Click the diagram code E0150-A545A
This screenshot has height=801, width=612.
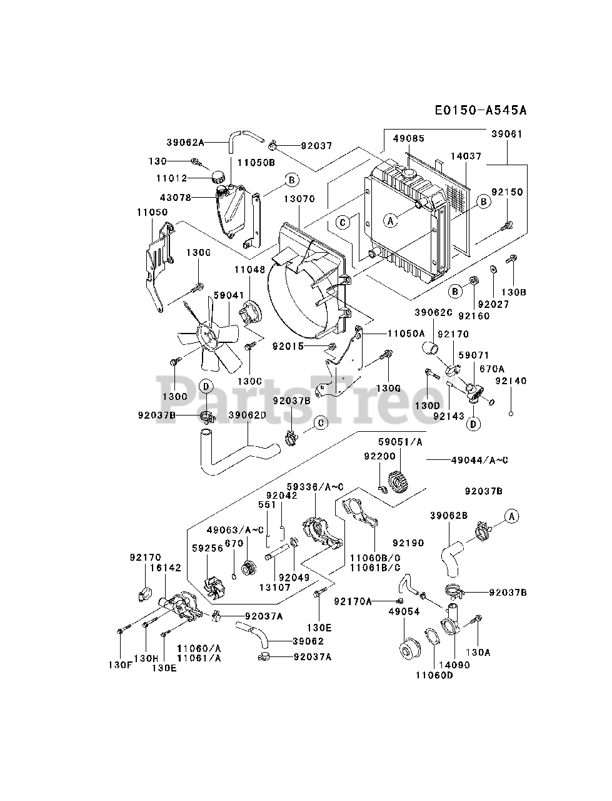[x=481, y=110]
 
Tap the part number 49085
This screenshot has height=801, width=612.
[x=409, y=138]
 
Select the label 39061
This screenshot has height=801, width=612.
[x=506, y=134]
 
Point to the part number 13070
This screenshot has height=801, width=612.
[x=299, y=199]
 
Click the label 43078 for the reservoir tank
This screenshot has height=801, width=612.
[x=175, y=197]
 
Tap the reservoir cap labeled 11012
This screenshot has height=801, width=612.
[x=219, y=178]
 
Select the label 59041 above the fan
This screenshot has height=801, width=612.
[x=229, y=295]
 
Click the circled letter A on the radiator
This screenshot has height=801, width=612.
[x=390, y=220]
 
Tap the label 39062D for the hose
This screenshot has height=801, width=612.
[x=247, y=416]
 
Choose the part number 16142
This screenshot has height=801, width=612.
[x=165, y=568]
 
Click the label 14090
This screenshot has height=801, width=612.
[x=454, y=665]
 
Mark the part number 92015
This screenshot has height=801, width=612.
[x=288, y=346]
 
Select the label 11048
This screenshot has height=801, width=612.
[x=249, y=270]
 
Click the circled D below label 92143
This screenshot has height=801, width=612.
[x=473, y=424]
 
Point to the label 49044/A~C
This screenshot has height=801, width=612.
[x=479, y=460]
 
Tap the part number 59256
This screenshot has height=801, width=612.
[x=208, y=548]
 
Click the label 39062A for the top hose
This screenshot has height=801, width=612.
[x=186, y=142]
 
